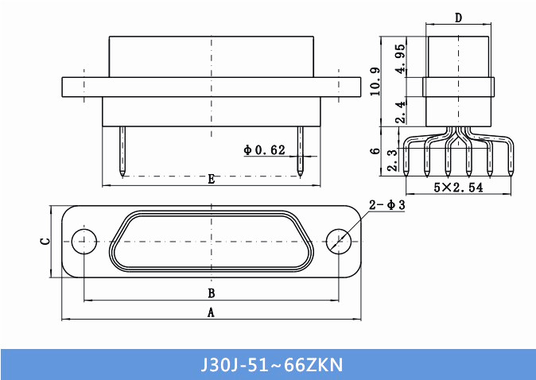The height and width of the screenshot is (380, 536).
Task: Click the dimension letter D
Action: point(459,18)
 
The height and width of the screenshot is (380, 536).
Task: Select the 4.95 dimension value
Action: point(402,58)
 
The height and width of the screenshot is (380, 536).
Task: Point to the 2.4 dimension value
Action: point(402,112)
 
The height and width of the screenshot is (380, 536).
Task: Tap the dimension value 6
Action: point(375,150)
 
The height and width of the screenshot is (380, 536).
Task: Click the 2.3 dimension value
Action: point(392,160)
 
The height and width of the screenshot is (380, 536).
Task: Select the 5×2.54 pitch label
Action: point(459,188)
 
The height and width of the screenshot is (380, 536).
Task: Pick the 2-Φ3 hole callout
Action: point(387,205)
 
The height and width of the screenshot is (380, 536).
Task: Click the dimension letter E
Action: point(211,179)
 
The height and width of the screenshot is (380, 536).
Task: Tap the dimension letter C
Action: point(45,241)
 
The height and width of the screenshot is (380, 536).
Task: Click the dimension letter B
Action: point(211,293)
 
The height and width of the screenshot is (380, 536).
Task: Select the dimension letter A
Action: point(211,312)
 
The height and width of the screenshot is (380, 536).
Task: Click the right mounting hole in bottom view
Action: point(340,241)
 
